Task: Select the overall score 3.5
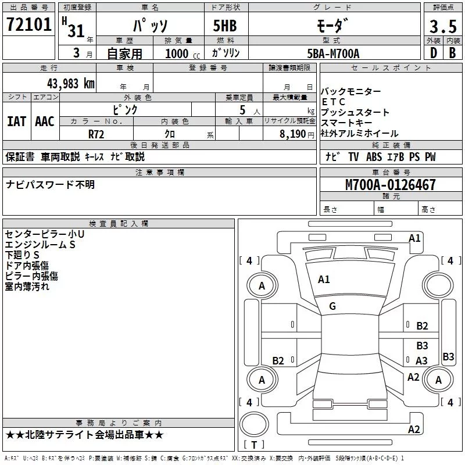tap(442, 27)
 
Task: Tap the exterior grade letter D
tap(433, 53)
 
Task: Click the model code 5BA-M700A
tap(333, 53)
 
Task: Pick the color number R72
tap(96, 133)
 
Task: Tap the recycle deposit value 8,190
tap(292, 133)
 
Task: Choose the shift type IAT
tap(17, 121)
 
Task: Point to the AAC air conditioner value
tap(45, 121)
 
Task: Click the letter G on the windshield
tap(332, 306)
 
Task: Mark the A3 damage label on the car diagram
tap(421, 361)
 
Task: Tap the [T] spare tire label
tap(254, 445)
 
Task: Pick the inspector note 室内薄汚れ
tap(27, 287)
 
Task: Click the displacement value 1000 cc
tap(182, 54)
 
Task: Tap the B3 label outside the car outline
tap(448, 357)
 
